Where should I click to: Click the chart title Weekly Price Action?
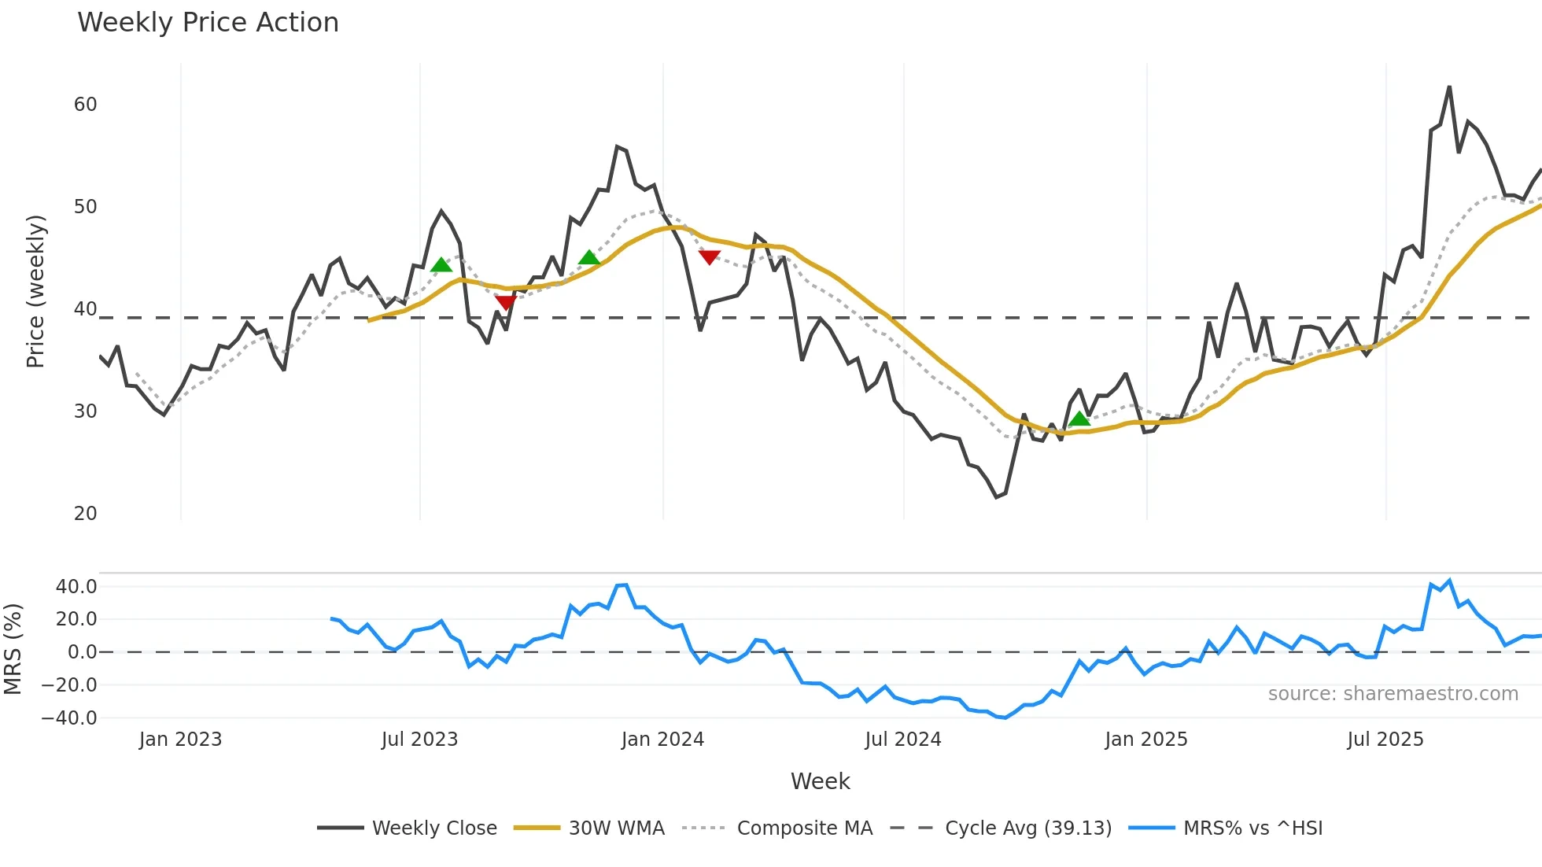coord(208,23)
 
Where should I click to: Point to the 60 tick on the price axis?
coord(86,105)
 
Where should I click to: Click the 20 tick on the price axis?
coord(86,514)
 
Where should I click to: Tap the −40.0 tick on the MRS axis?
coord(69,718)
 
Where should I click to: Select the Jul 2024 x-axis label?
coord(902,740)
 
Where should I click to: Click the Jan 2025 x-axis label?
coord(1145,740)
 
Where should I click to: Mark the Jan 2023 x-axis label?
coord(180,740)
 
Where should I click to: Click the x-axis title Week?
coord(820,781)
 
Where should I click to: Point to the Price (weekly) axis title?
coord(36,291)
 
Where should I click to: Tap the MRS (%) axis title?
coord(13,649)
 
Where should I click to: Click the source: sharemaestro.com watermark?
coord(1393,694)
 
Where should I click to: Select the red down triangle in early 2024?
coord(709,257)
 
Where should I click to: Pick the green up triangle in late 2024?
coord(1079,418)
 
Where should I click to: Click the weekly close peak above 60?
coord(1449,87)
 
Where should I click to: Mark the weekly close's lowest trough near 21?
coord(997,496)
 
